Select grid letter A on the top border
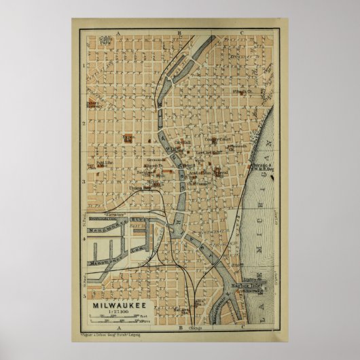[x=117, y=32]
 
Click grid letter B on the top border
[x=179, y=32]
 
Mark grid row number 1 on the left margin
[x=82, y=66]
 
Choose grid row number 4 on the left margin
[x=82, y=238]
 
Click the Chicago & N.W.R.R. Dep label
[x=260, y=167]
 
